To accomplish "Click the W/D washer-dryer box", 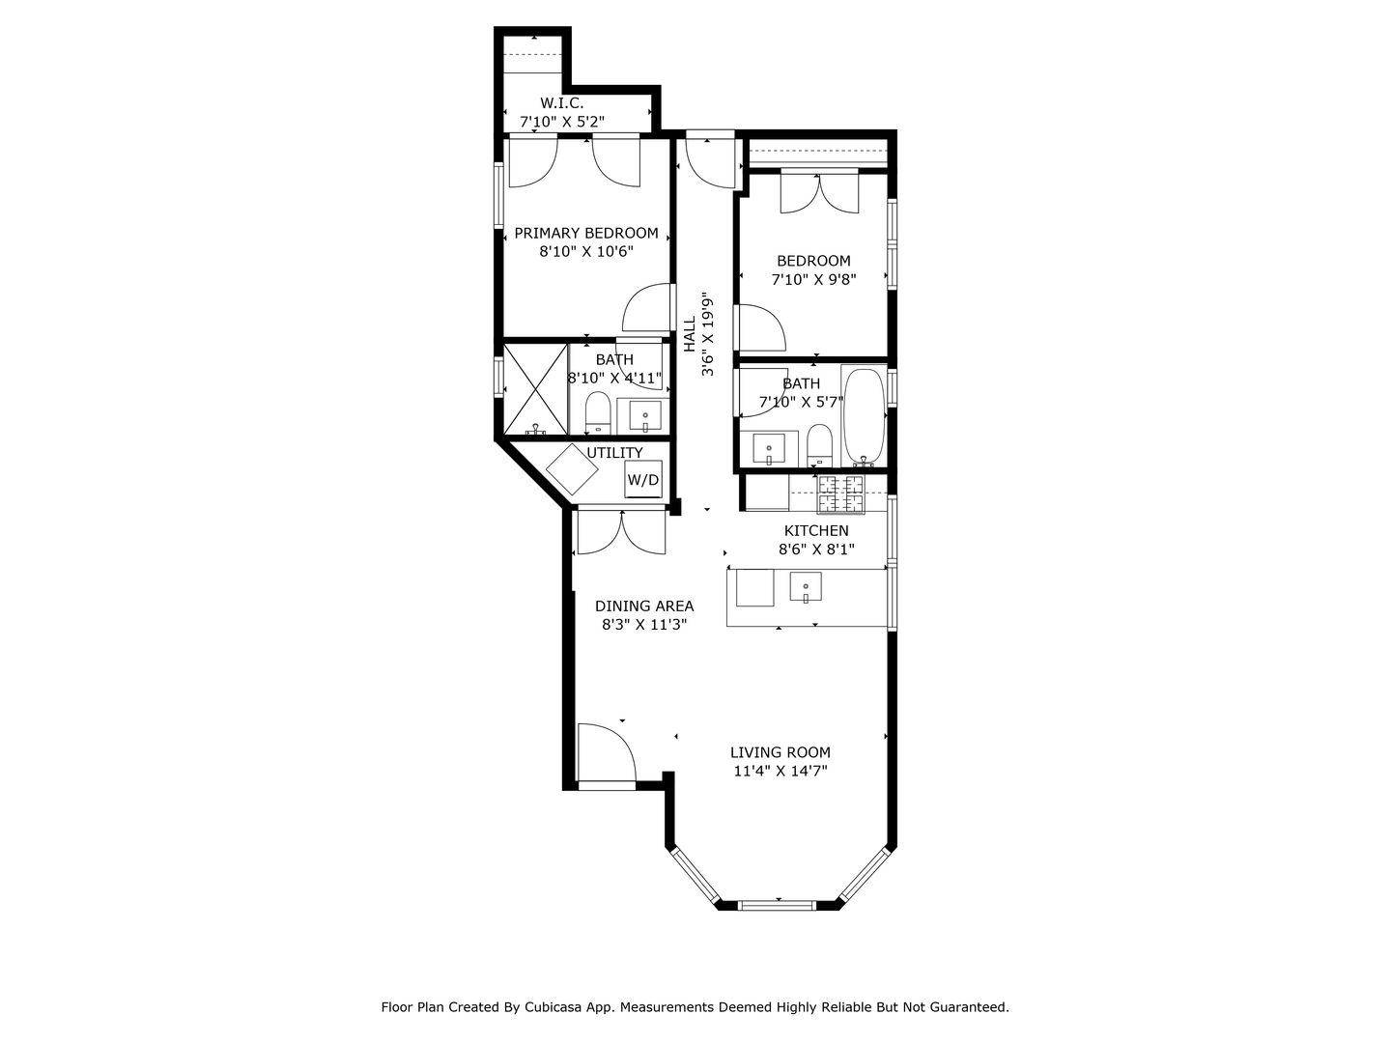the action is click(x=642, y=479).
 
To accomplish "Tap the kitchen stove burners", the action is click(x=840, y=493).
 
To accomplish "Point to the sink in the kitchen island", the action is click(x=806, y=586).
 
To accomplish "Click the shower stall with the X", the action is click(x=535, y=389).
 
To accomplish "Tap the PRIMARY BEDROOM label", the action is click(x=586, y=233).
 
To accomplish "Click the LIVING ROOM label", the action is click(x=781, y=752).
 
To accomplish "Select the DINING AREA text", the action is click(x=644, y=606).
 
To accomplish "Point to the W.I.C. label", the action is click(x=561, y=102).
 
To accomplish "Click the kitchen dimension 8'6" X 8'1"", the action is click(x=816, y=550).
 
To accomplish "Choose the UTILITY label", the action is click(x=614, y=453).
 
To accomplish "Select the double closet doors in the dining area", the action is click(x=622, y=532).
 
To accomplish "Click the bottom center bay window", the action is click(x=778, y=906).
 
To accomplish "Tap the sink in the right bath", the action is click(x=769, y=449).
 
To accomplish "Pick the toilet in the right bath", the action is click(x=819, y=444).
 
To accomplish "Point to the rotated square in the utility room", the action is click(x=572, y=469).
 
